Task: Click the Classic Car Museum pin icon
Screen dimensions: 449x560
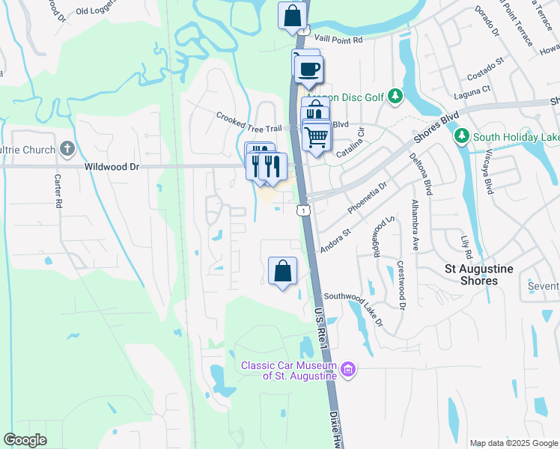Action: (347, 369)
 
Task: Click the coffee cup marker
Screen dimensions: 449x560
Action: (308, 69)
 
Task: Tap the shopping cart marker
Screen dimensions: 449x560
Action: (317, 137)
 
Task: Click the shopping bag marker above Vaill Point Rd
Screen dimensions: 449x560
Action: (292, 16)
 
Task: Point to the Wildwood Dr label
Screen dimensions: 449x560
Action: (112, 167)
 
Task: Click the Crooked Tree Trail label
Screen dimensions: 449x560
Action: (247, 117)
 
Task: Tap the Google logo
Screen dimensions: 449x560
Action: (25, 439)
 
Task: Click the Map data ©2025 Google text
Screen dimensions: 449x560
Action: (513, 443)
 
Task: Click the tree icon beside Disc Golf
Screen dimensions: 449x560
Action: (396, 97)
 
